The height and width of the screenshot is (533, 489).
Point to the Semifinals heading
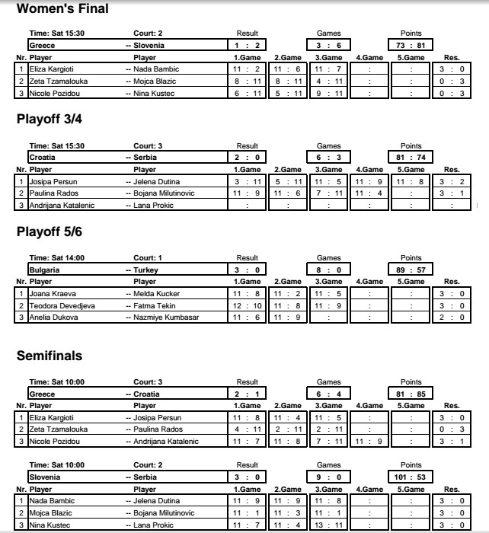click(x=50, y=356)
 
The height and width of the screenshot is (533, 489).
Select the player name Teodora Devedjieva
click(x=59, y=305)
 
